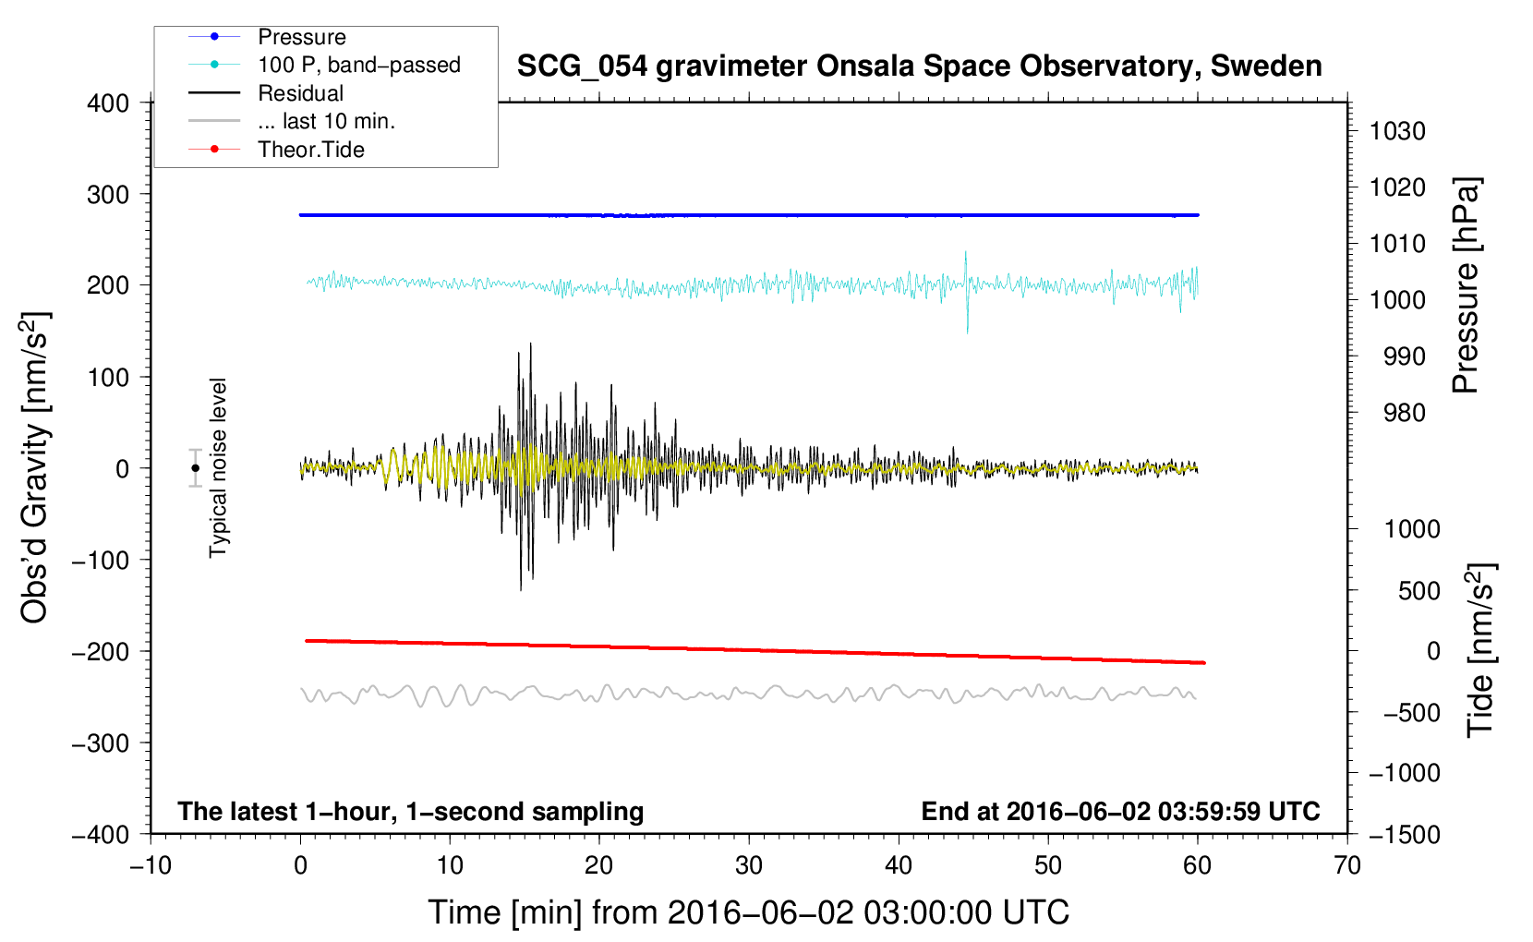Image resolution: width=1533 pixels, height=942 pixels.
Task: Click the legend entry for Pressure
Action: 301,37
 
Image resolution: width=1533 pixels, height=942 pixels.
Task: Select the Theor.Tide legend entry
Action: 310,150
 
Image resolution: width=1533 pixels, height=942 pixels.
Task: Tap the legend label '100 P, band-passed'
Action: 358,65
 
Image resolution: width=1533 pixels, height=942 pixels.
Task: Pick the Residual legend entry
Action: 300,93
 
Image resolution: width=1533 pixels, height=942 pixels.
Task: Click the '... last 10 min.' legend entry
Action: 326,121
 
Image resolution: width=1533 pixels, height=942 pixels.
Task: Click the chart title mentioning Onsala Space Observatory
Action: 919,66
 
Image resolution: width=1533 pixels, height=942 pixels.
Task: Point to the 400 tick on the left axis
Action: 108,103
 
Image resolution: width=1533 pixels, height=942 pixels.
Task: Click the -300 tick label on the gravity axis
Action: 101,743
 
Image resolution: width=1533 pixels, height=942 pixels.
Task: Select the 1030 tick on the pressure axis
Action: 1397,131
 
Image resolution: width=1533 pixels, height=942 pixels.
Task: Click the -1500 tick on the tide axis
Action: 1405,834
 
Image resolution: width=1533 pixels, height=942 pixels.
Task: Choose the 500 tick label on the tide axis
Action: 1418,590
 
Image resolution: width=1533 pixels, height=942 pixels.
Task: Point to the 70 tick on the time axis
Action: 1347,865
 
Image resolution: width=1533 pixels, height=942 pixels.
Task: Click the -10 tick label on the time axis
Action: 151,865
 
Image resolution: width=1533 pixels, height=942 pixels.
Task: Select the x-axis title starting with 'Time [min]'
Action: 748,912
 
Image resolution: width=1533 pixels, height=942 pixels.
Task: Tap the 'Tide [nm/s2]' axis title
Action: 1480,650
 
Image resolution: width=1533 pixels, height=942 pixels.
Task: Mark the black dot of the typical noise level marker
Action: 195,468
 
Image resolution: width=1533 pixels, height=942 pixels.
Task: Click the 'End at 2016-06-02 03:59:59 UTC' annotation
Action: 1120,811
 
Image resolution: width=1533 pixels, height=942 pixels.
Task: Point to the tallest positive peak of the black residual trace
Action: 530,344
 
